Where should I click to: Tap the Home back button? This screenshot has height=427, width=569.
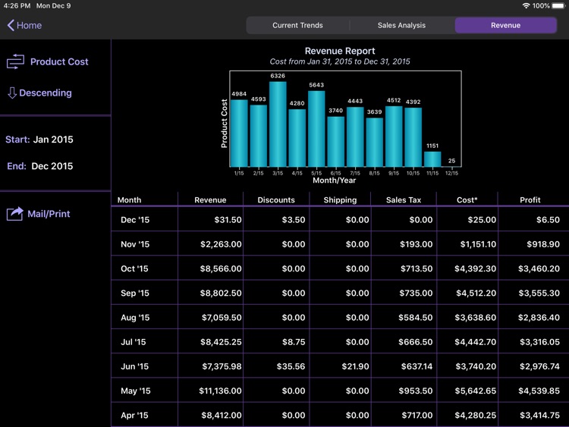pyautogui.click(x=24, y=25)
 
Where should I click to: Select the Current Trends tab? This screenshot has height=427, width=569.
pyautogui.click(x=297, y=25)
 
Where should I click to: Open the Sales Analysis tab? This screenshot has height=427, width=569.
pyautogui.click(x=401, y=25)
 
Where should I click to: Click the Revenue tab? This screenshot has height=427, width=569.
pyautogui.click(x=505, y=25)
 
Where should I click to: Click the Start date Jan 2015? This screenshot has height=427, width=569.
pyautogui.click(x=53, y=140)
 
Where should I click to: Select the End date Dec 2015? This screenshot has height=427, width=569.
pyautogui.click(x=52, y=166)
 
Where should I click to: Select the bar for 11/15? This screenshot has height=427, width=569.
pyautogui.click(x=432, y=159)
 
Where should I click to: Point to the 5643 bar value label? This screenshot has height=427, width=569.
pyautogui.click(x=316, y=85)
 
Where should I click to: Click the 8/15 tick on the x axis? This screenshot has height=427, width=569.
pyautogui.click(x=374, y=173)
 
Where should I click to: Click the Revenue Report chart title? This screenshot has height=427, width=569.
pyautogui.click(x=340, y=51)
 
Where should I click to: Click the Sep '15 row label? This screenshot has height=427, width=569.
pyautogui.click(x=135, y=293)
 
